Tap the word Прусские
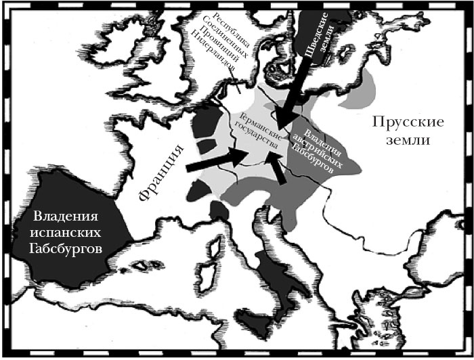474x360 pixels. [407, 123]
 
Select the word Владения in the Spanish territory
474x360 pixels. [67, 217]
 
